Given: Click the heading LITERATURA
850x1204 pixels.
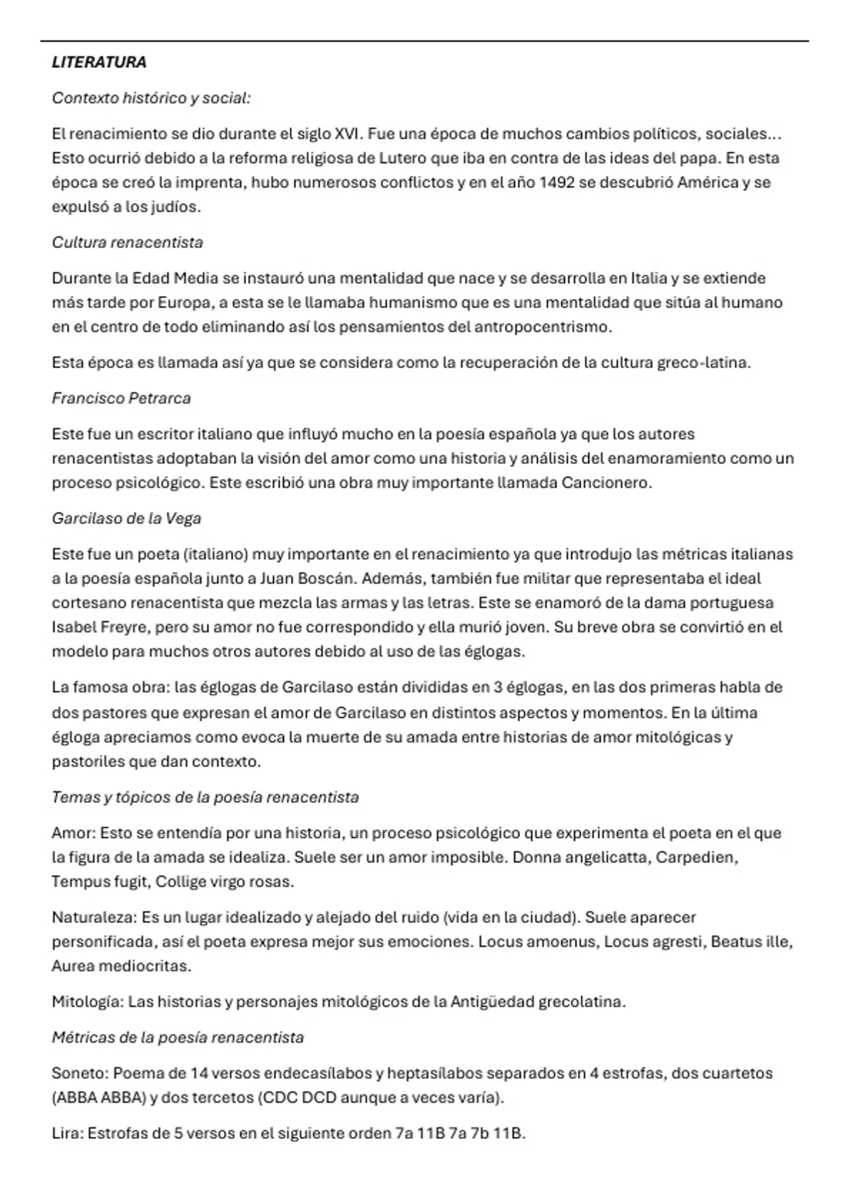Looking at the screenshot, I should coord(99,62).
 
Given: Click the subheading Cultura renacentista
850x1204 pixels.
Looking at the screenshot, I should coord(127,242).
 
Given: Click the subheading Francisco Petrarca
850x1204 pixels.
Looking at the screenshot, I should coord(121,398).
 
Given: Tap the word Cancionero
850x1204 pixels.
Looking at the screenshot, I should coord(605,483).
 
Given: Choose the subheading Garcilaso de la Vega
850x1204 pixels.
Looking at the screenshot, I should coord(126,518).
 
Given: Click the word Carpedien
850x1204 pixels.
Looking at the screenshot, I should coord(696,857).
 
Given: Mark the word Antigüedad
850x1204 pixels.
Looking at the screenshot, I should coord(492,1002).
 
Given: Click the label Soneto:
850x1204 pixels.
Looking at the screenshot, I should coord(79,1073).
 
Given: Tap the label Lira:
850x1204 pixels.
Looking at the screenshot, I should coord(67,1133).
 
